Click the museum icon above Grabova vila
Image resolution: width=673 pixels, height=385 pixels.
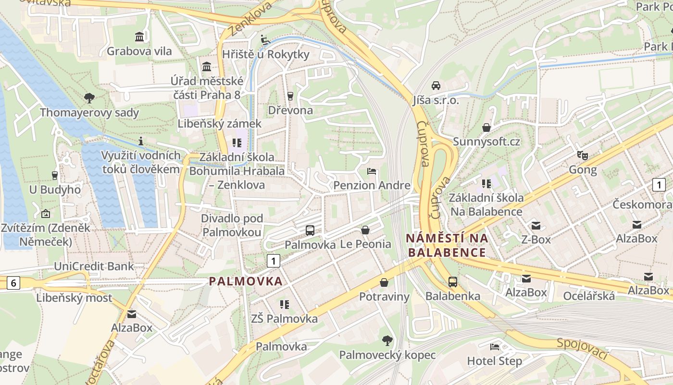click(x=139, y=37)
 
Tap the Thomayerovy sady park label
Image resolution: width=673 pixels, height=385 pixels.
click(x=89, y=113)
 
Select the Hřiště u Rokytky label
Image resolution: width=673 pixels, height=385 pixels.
click(x=265, y=54)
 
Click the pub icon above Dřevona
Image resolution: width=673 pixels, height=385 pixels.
click(x=290, y=96)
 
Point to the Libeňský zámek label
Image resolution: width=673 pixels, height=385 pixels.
click(x=220, y=124)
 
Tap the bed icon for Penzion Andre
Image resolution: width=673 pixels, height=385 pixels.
click(x=372, y=171)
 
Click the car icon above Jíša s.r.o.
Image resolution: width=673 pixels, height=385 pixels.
click(x=436, y=86)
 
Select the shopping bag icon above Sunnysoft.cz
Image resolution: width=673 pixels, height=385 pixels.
click(x=486, y=128)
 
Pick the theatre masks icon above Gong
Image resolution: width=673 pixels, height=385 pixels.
click(x=583, y=155)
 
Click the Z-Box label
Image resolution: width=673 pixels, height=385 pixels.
click(x=536, y=239)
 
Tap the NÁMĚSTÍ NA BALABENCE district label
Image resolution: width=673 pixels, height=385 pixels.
click(x=447, y=245)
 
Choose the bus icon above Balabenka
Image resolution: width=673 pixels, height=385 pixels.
click(x=453, y=282)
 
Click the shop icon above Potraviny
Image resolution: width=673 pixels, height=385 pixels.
click(x=384, y=282)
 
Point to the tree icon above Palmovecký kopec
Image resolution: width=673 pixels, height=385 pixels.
click(x=387, y=341)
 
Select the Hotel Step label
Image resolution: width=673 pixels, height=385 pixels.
click(x=495, y=361)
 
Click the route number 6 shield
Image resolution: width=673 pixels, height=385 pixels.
click(x=13, y=283)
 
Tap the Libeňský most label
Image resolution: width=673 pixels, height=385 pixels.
click(x=74, y=297)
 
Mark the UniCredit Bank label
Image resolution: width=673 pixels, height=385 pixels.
click(x=94, y=266)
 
